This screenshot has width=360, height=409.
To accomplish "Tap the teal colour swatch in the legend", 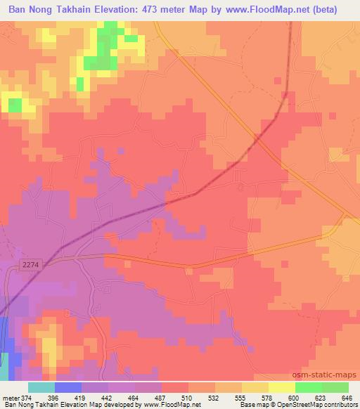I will [x=41, y=387].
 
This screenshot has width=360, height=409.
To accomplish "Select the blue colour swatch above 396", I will [x=68, y=387].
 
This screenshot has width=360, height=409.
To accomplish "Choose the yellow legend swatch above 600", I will [x=282, y=387].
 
